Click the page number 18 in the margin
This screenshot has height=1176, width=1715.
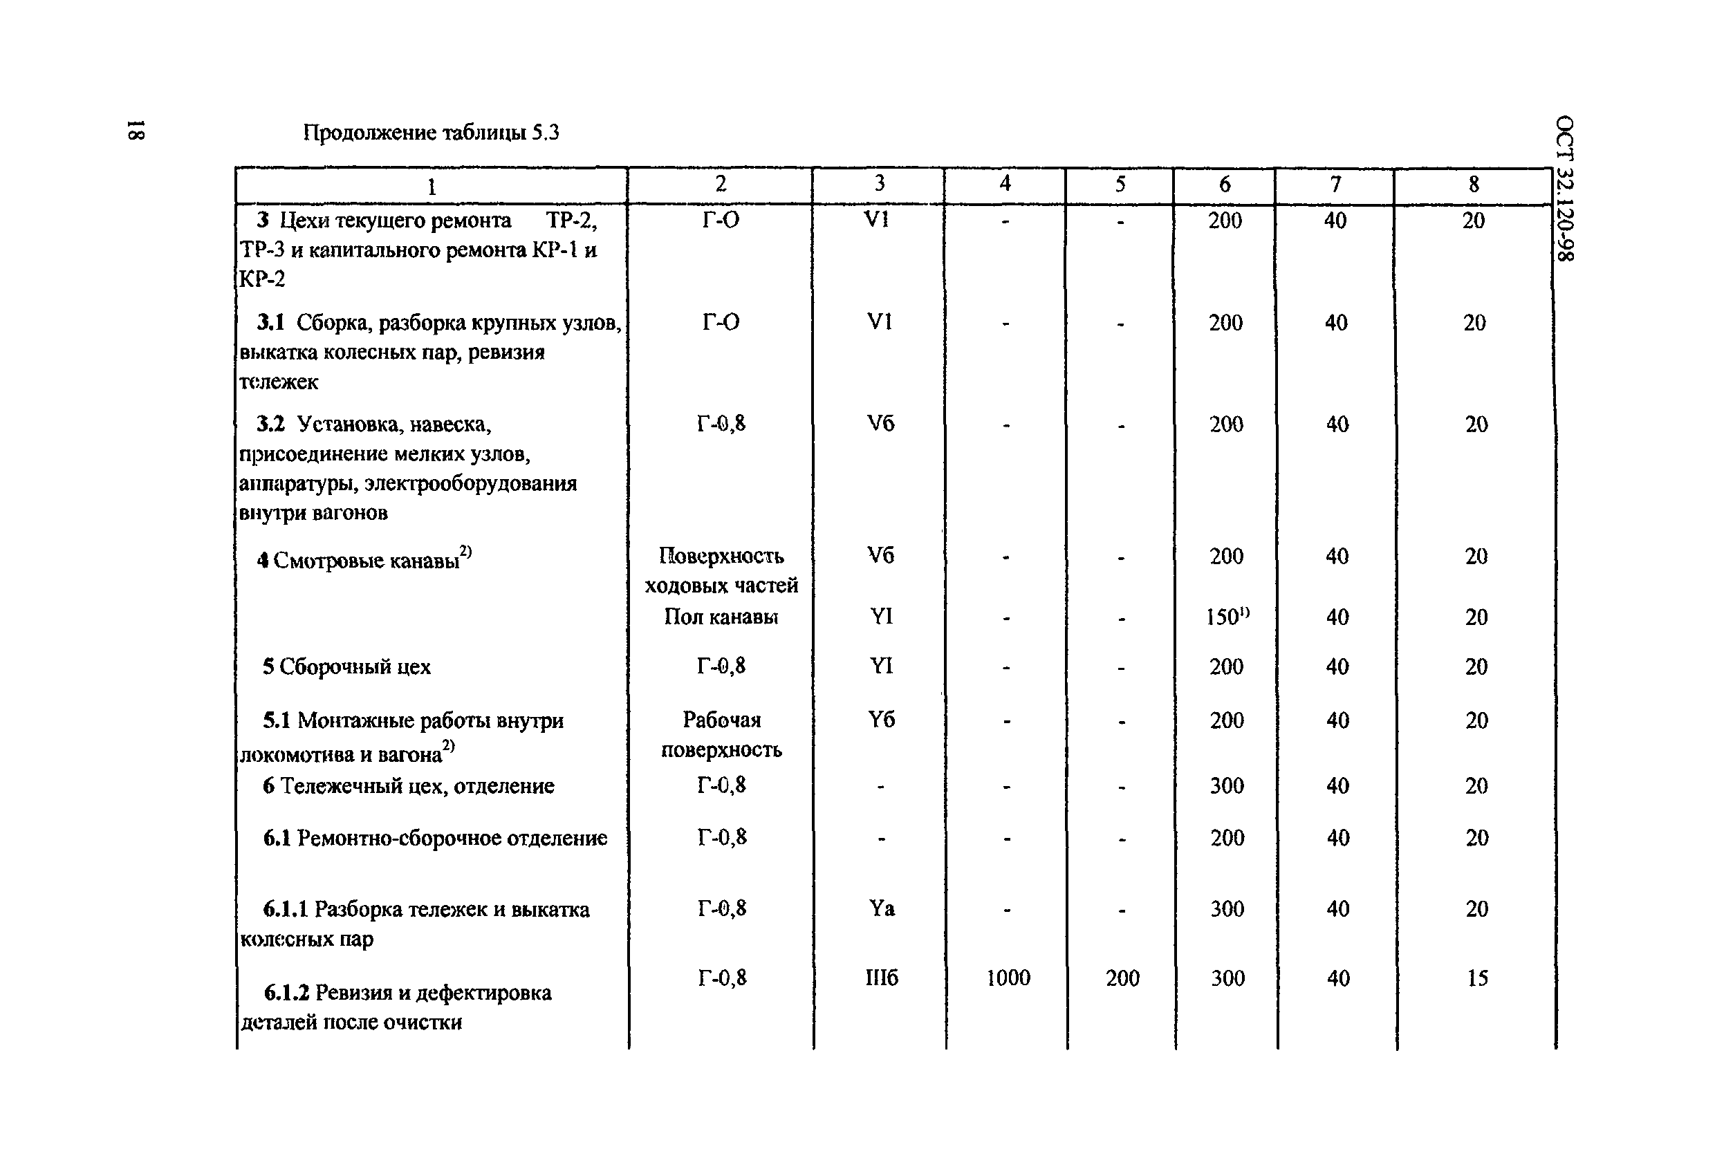click(136, 130)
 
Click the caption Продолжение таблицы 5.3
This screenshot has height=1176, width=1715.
click(431, 133)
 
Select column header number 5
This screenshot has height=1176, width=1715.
click(1120, 185)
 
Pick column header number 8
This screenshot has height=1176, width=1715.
click(1473, 185)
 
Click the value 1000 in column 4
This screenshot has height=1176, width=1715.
click(1008, 978)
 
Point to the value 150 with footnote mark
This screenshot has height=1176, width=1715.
click(1227, 616)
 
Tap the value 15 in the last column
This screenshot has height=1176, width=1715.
click(1476, 978)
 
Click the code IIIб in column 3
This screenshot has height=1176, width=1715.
click(881, 978)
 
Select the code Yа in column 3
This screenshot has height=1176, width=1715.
click(881, 908)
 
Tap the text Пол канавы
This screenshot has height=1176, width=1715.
click(721, 616)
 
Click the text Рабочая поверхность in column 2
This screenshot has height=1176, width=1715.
click(721, 735)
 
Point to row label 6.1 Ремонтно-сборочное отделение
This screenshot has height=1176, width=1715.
click(435, 838)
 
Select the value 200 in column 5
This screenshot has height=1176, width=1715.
click(1122, 978)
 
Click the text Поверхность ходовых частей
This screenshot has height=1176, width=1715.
click(721, 570)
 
